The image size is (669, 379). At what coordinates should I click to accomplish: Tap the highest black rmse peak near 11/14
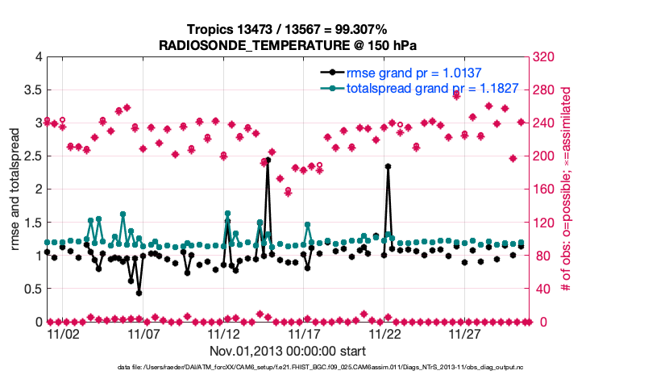268,160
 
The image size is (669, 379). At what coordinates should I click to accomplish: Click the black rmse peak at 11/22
388,166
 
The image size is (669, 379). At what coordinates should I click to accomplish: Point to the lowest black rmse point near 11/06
139,293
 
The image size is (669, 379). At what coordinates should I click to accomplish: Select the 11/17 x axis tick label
305,334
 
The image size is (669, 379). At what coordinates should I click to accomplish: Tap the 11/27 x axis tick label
465,334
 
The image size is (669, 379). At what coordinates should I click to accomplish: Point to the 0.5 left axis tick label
31,289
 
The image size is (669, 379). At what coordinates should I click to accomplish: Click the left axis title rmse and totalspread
15,189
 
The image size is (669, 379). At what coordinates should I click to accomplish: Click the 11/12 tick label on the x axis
224,334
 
